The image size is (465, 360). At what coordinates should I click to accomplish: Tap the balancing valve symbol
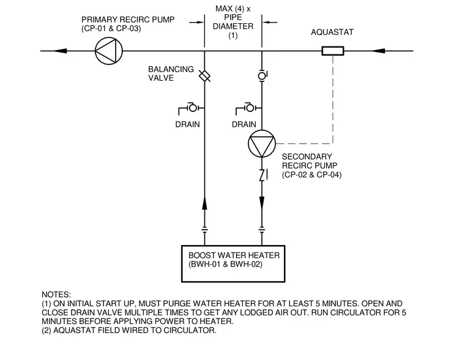204,76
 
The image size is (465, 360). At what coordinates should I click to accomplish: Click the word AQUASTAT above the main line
332,32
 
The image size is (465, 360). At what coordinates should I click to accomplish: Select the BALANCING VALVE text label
171,73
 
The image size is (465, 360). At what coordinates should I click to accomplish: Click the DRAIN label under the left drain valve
187,124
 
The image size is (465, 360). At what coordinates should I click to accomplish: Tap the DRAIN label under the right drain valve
244,124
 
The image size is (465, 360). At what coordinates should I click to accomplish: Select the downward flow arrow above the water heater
262,204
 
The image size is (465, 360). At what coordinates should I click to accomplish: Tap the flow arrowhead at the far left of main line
60,51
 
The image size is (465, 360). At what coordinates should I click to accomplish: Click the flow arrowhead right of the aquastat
378,51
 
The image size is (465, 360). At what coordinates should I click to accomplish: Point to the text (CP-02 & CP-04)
311,175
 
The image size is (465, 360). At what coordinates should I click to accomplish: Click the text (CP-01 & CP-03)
111,29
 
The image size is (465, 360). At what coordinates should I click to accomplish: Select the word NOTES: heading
56,295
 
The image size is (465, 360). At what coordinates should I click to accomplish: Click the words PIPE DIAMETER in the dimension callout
233,21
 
